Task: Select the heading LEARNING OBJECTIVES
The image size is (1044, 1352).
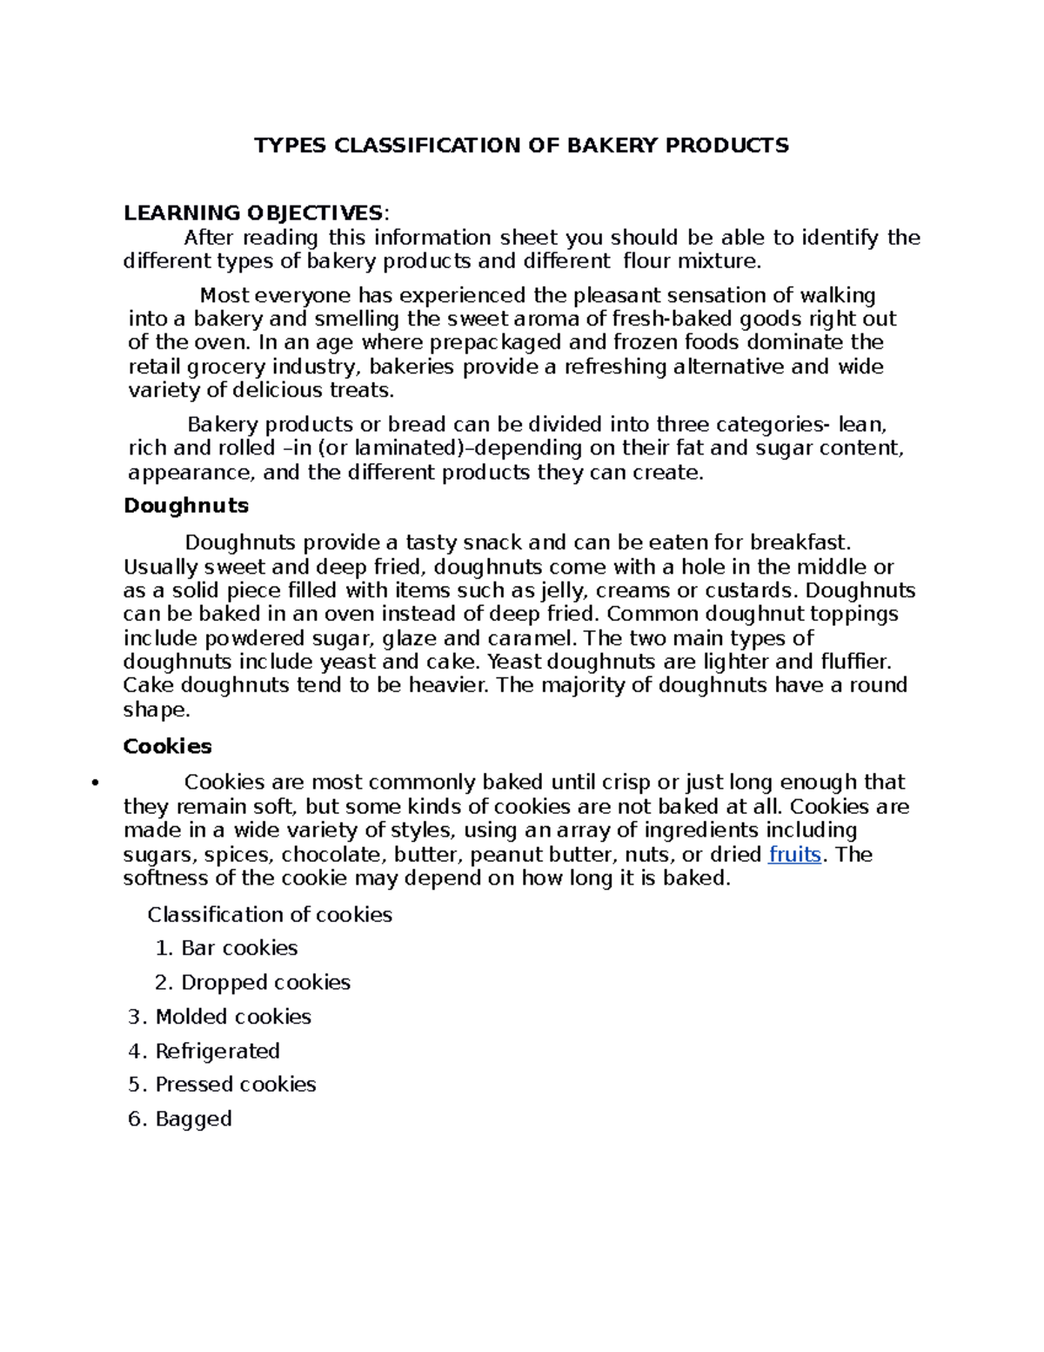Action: click(252, 213)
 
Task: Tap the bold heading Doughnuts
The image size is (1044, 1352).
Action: click(186, 506)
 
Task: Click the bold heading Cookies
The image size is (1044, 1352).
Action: click(168, 746)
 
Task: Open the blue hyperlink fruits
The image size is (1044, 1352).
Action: click(795, 854)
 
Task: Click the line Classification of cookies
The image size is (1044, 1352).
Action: click(270, 914)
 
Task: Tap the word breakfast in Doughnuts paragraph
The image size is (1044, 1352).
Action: click(798, 542)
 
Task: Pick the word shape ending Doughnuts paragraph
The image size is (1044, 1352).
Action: click(155, 710)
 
